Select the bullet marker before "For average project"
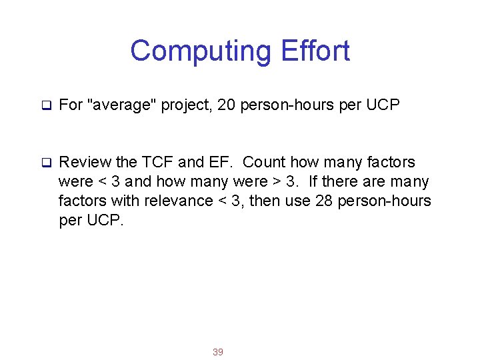(x=47, y=105)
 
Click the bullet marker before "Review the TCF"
(x=47, y=162)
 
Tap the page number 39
(x=217, y=351)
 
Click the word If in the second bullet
(x=313, y=181)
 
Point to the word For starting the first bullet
(x=71, y=105)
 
